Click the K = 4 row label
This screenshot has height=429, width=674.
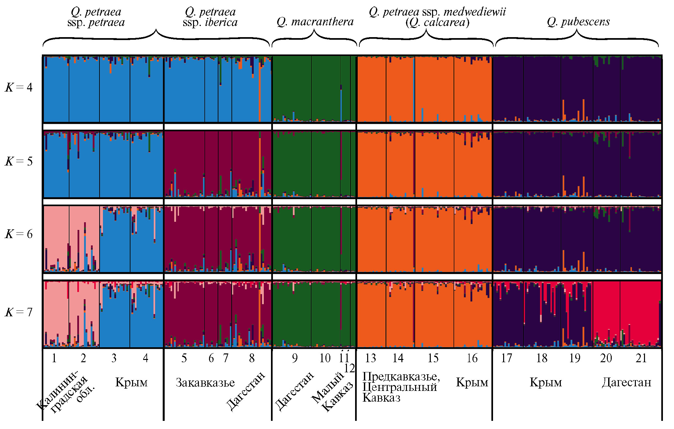click(x=19, y=87)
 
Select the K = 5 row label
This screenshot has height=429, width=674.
click(x=19, y=161)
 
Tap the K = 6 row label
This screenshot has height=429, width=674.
click(x=19, y=234)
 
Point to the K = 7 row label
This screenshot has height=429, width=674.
click(x=19, y=312)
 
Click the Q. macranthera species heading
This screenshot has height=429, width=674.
click(x=315, y=22)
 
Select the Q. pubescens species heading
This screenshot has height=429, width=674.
click(x=578, y=22)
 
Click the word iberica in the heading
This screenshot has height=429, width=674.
click(x=221, y=22)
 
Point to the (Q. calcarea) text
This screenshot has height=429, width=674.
click(x=437, y=22)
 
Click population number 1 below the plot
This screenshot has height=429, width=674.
click(x=54, y=358)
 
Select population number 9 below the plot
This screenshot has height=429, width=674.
click(x=295, y=358)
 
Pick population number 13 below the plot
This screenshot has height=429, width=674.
click(x=370, y=358)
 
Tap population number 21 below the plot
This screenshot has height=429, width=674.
click(x=641, y=358)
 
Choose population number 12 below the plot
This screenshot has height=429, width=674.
click(x=349, y=368)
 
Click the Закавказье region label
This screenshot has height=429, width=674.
click(x=205, y=382)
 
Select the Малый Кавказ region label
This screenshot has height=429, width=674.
click(x=333, y=393)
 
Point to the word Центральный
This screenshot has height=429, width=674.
click(x=399, y=387)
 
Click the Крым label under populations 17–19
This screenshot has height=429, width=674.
click(x=546, y=382)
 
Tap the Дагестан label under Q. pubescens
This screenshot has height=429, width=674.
click(x=626, y=382)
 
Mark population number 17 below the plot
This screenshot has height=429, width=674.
click(x=506, y=358)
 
